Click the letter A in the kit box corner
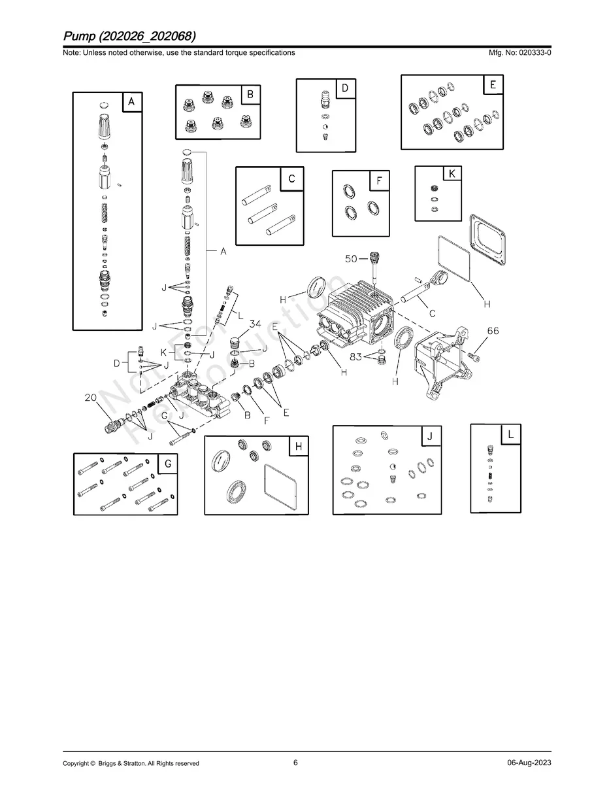[131, 102]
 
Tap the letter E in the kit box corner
[493, 84]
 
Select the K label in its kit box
[452, 174]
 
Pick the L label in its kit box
[511, 434]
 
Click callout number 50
[351, 259]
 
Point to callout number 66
[493, 331]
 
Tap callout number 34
[255, 324]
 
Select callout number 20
[91, 398]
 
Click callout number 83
[355, 356]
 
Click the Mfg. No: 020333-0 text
[519, 52]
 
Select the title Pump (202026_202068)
[129, 36]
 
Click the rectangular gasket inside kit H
[281, 487]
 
